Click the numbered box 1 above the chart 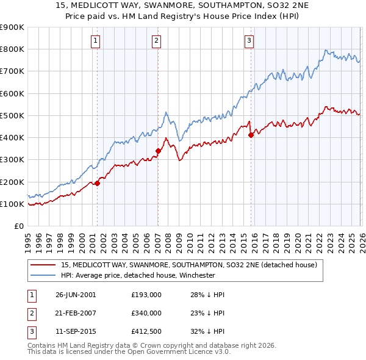(96, 41)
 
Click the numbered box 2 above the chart (157, 41)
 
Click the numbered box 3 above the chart (249, 41)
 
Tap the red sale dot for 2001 (97, 183)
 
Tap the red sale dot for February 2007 (158, 151)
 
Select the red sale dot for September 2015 (251, 135)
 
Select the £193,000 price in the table (146, 295)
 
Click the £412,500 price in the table (146, 331)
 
